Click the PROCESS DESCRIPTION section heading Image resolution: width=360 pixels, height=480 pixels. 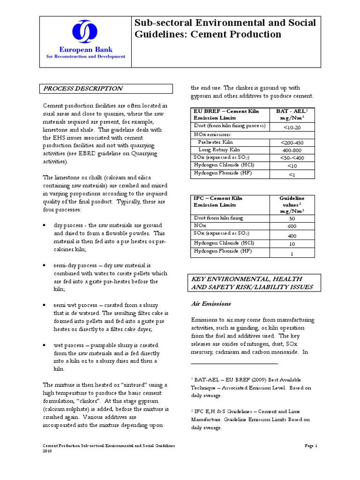[x=83, y=89]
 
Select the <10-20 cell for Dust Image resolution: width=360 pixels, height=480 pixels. [x=293, y=127]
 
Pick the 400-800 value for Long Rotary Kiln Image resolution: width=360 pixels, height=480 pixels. [x=293, y=150]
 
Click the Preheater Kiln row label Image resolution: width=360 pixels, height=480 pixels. [x=215, y=142]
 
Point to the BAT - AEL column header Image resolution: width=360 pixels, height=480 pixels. [x=293, y=115]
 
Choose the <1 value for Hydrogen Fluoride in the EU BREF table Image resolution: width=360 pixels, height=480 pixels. [x=293, y=174]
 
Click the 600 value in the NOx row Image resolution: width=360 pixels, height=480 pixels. [x=292, y=226]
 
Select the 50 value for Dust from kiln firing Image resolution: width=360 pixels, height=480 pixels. [x=292, y=218]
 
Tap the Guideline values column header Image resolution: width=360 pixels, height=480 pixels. [x=292, y=204]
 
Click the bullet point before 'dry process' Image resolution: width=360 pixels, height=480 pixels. [x=44, y=225]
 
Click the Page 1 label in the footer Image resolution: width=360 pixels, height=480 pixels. [x=311, y=446]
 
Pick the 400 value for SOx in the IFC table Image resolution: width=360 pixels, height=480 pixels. [x=292, y=235]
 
